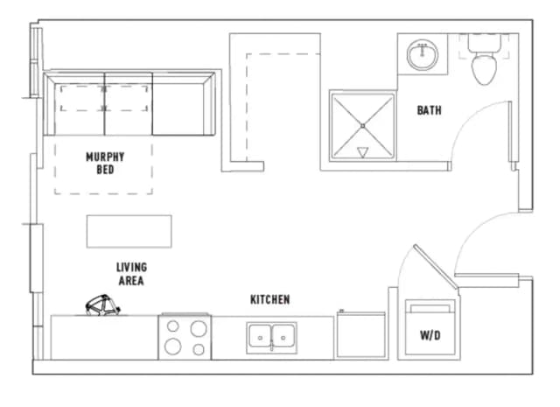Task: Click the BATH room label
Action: [x=430, y=110]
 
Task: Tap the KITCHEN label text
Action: [x=270, y=299]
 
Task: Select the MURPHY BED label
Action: [x=105, y=163]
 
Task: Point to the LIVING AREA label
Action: [x=131, y=274]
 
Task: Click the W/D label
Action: [x=430, y=335]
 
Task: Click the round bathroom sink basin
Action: [x=423, y=54]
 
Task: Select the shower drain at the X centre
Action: [x=362, y=126]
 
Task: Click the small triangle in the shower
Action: [x=362, y=152]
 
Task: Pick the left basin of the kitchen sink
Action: [x=260, y=335]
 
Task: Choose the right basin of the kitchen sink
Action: [x=283, y=335]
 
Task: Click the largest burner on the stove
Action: [x=199, y=329]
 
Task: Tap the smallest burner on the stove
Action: [x=173, y=326]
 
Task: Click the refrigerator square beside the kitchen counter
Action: [x=361, y=335]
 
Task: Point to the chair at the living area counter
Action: [x=102, y=305]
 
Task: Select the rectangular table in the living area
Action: [x=129, y=231]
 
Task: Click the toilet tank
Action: [x=484, y=42]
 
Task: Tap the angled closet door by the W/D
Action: [x=436, y=266]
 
